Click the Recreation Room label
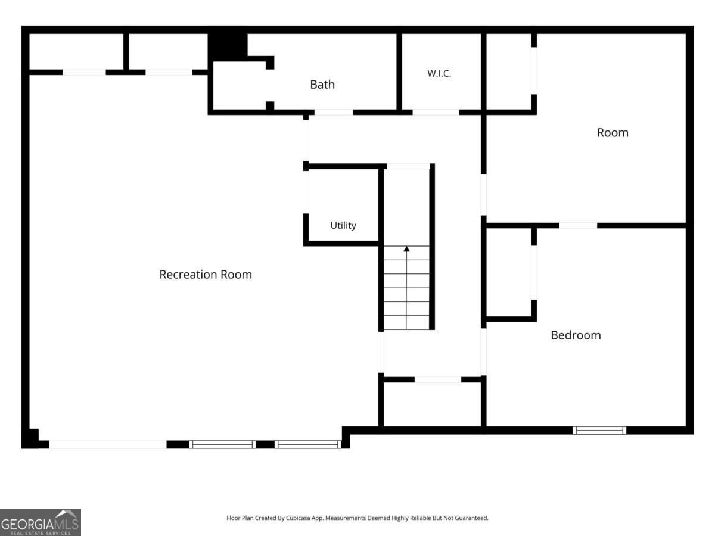coord(206,275)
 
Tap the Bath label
coord(322,85)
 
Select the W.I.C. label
coord(439,73)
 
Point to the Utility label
coord(343,225)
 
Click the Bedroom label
coord(576,335)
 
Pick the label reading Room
coord(613,133)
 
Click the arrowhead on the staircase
coord(406,249)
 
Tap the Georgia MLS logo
coord(41,523)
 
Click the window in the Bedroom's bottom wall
coord(599,430)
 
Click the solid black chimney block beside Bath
coord(228,47)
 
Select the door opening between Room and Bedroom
coord(578,226)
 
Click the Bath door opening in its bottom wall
coord(334,113)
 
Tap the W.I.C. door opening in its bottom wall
coord(436,113)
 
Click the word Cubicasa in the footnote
coord(298,518)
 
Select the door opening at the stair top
coord(408,166)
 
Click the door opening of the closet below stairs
coord(438,379)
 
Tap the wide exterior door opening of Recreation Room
coord(108,444)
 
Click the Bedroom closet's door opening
coord(534,273)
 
